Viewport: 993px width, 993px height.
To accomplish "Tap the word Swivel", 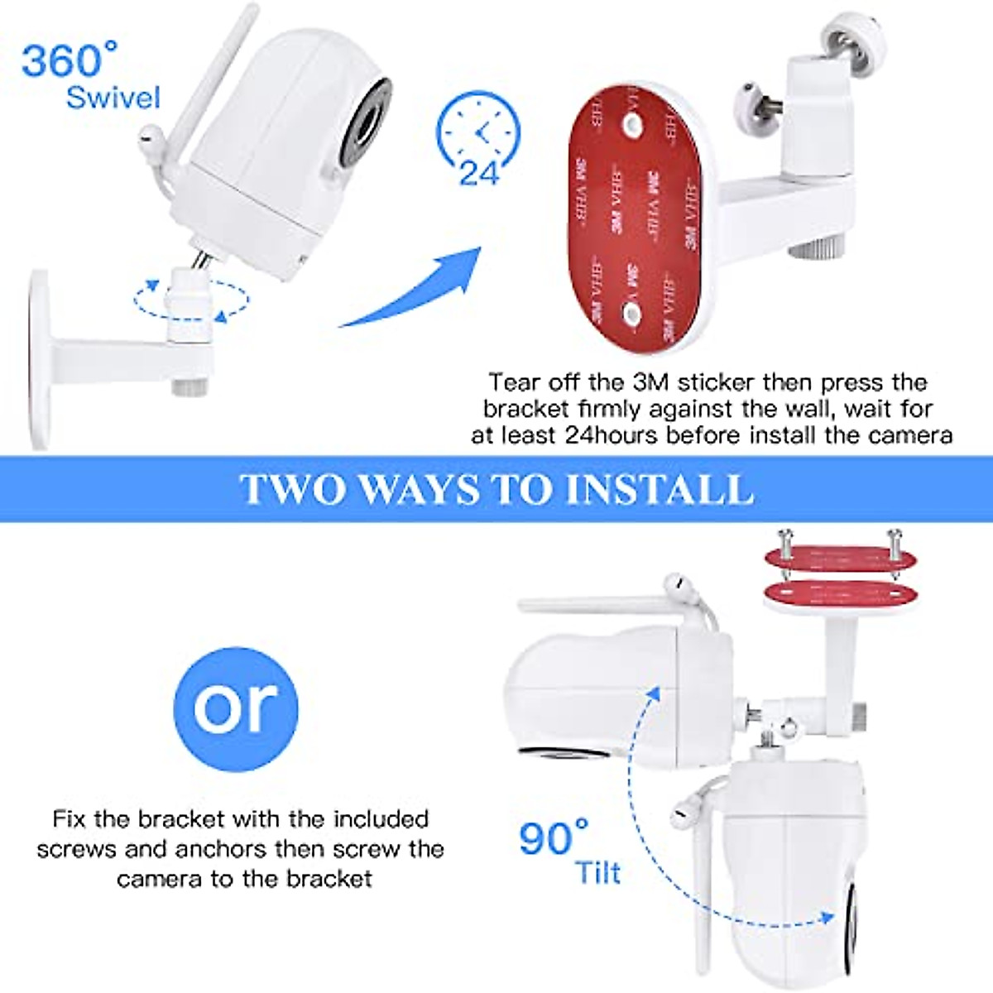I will [x=113, y=98].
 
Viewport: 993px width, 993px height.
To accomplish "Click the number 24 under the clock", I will [x=480, y=174].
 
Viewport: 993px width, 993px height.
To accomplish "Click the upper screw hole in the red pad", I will [x=631, y=127].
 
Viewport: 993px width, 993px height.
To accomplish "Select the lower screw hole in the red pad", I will [x=631, y=313].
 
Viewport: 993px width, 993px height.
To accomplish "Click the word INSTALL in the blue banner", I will [x=659, y=489].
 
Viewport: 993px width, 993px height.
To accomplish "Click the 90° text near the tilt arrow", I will [x=553, y=838].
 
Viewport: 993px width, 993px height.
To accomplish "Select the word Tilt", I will [x=597, y=873].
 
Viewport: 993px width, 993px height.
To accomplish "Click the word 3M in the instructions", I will [x=651, y=382].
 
